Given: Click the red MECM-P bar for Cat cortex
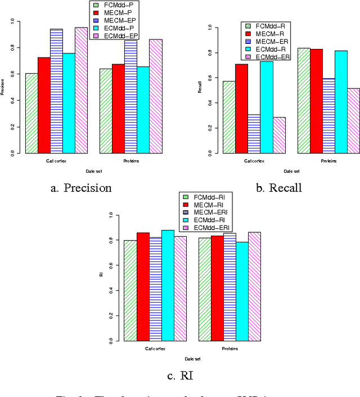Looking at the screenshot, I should pyautogui.click(x=44, y=105).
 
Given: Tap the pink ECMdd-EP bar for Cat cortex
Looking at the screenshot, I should pyautogui.click(x=81, y=90).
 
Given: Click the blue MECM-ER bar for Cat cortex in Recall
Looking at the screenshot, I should pyautogui.click(x=254, y=134).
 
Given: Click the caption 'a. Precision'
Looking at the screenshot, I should pyautogui.click(x=81, y=188).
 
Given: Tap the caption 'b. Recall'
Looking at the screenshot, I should pyautogui.click(x=278, y=188).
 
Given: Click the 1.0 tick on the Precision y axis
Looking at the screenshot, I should pyautogui.click(x=13, y=21).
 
